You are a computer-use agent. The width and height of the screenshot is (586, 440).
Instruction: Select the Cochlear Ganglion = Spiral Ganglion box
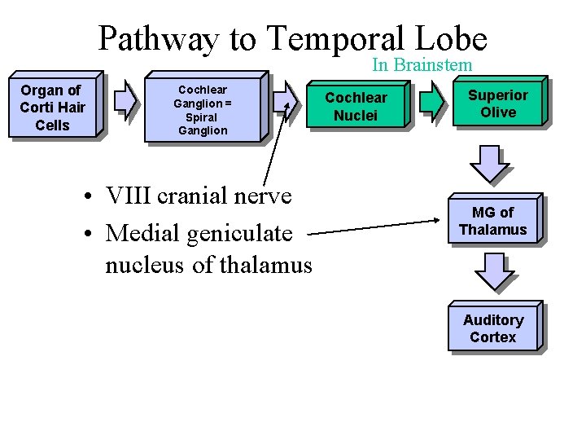203,110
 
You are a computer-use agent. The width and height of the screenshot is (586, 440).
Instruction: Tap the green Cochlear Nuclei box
356,107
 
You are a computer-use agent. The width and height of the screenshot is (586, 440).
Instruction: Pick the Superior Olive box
497,103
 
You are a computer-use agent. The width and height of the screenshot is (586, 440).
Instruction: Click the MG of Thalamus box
492,221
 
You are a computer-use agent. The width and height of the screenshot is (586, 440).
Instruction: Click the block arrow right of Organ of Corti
125,99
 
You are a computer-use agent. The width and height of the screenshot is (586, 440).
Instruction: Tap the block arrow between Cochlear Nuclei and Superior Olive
432,99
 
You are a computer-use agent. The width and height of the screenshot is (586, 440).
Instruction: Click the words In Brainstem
422,64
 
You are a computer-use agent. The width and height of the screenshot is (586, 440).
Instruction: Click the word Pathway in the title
159,38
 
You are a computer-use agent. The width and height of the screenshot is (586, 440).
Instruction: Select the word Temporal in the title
335,38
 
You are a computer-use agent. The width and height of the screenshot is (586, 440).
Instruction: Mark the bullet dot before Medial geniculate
95,234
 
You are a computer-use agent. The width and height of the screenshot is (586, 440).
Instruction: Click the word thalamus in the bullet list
265,265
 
